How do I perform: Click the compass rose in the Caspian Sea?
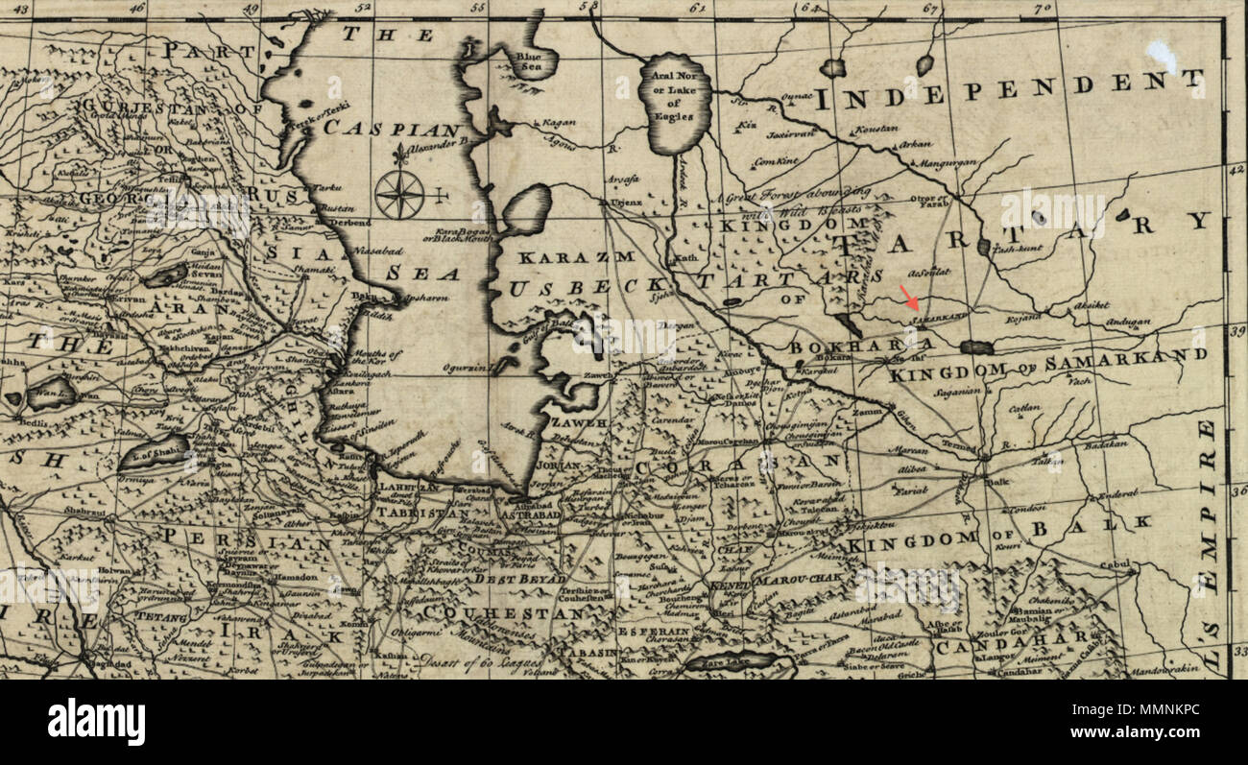point(399,194)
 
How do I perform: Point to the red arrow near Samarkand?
point(906,297)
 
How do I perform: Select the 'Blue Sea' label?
point(529,61)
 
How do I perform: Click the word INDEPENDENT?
point(1008,90)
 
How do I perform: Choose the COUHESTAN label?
point(503,611)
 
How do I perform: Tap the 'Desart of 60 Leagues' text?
point(481,661)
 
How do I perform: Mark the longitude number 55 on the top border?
point(477,8)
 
